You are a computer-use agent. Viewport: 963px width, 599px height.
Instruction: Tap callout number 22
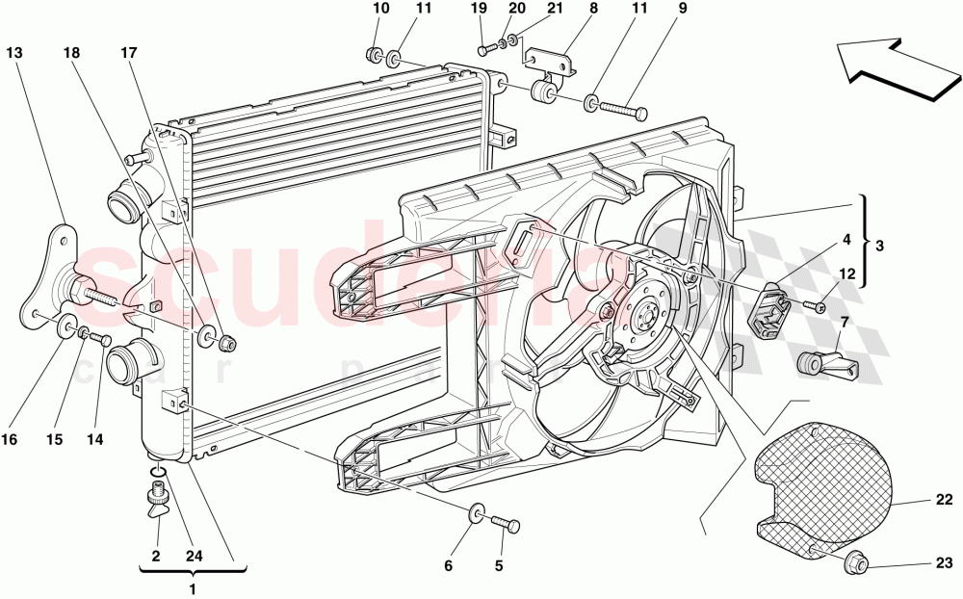tap(943, 499)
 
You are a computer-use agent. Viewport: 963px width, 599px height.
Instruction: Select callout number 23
tap(943, 563)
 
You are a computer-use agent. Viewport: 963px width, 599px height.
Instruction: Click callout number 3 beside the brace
tap(878, 246)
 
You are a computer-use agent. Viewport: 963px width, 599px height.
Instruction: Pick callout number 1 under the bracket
tap(193, 588)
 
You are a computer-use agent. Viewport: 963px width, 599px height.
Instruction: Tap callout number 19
tap(480, 9)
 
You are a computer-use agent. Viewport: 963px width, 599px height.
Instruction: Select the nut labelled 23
tap(854, 565)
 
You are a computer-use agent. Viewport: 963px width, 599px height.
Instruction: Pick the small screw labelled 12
tap(817, 306)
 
